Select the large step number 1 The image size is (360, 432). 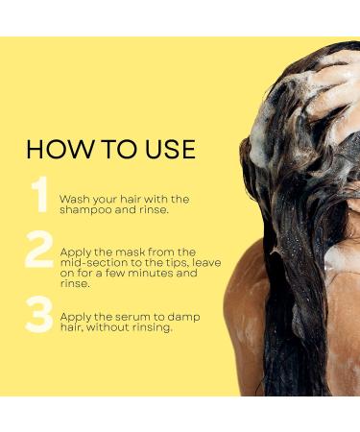(39, 195)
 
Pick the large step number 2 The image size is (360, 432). (39, 251)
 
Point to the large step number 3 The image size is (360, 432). (39, 314)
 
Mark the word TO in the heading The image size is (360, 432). (113, 149)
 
